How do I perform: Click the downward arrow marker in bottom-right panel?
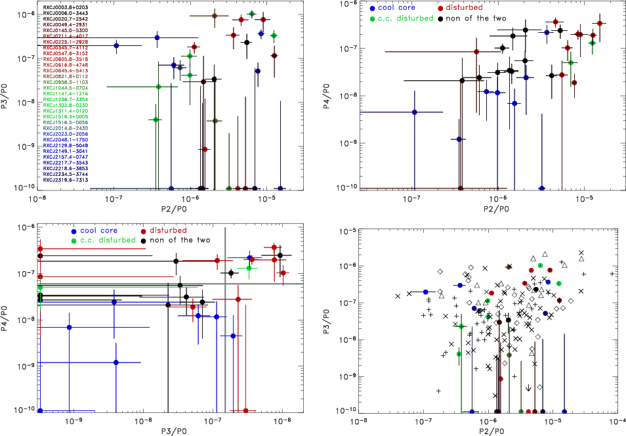tap(528, 387)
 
